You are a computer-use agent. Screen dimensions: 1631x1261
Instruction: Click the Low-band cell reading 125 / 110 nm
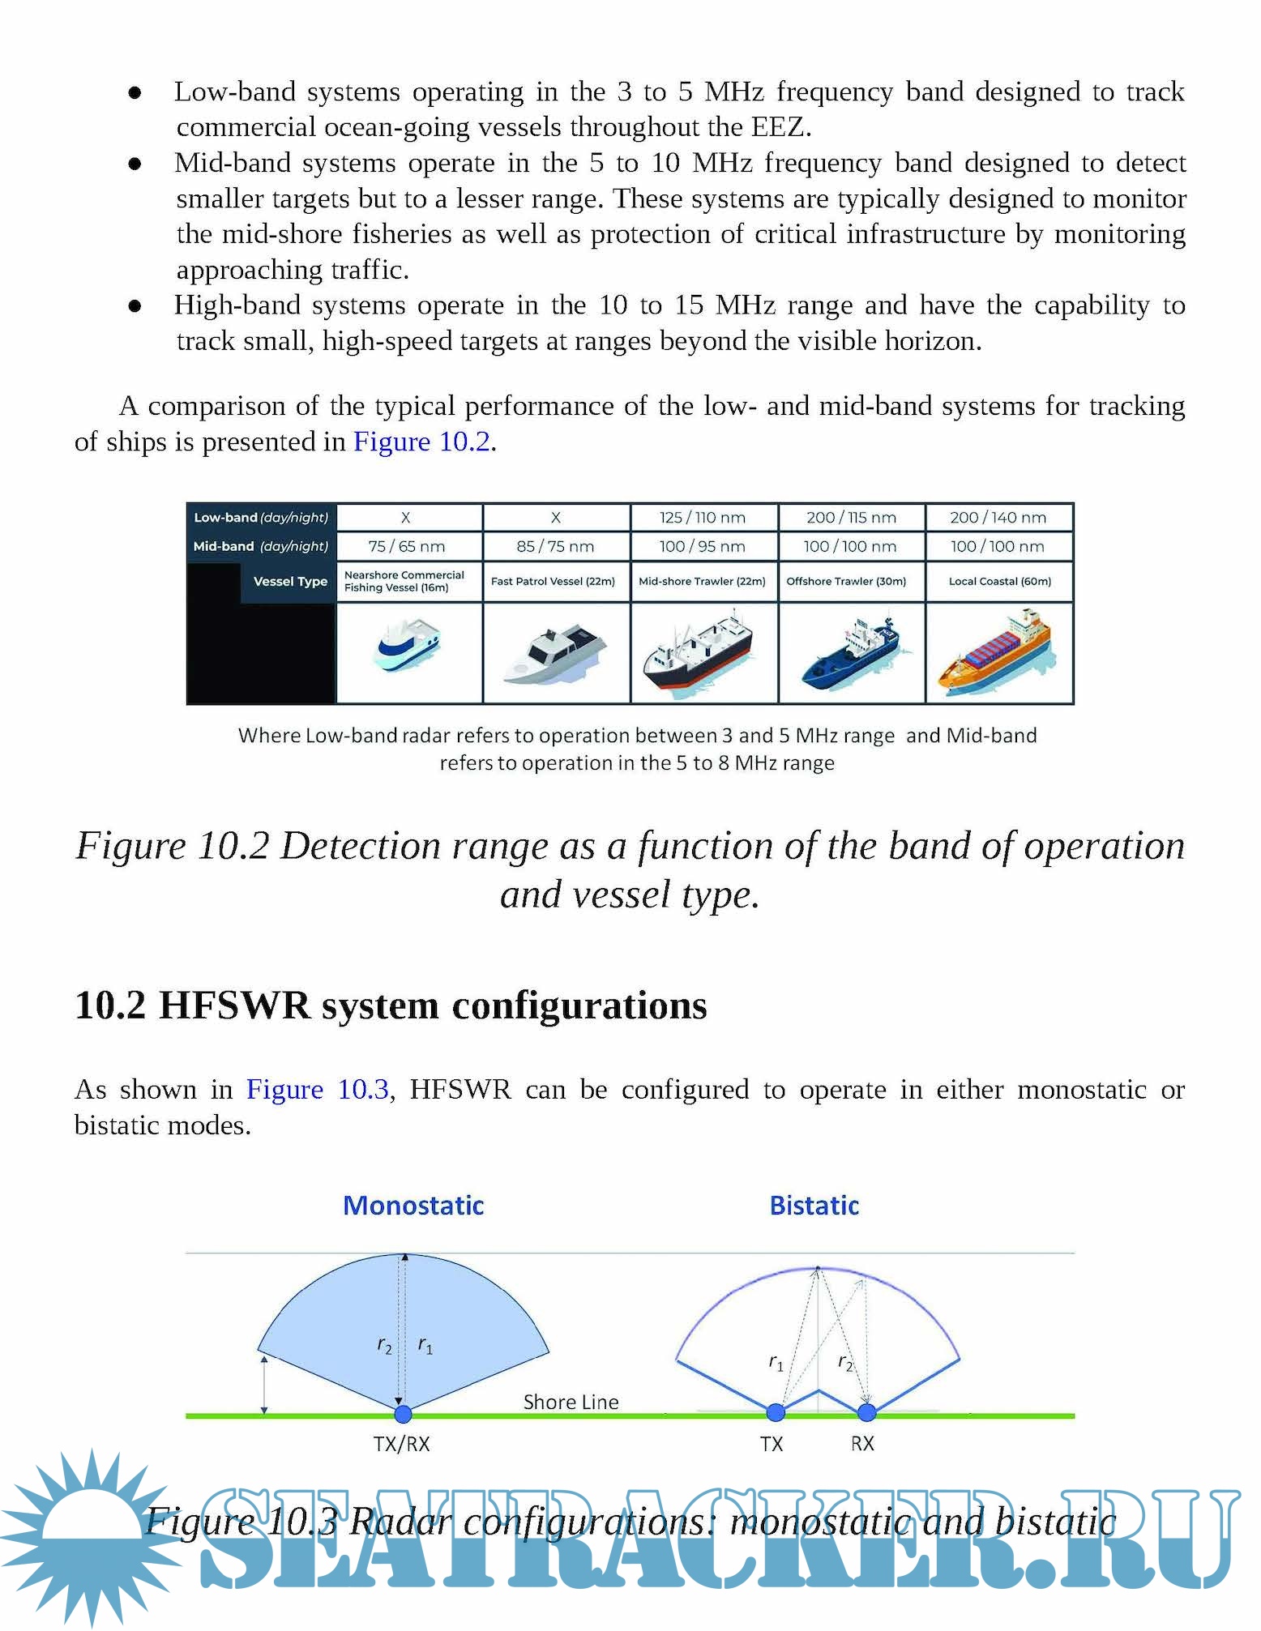coord(702,518)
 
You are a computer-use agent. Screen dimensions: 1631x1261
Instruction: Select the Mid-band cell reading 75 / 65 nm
coord(407,547)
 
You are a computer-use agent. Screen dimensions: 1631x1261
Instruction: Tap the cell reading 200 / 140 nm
coord(998,518)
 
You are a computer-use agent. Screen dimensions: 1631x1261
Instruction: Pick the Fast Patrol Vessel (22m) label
coord(554,582)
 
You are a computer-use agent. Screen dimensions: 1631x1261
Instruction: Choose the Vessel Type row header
coord(289,582)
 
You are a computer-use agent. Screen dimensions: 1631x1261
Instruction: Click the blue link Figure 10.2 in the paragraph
coord(422,442)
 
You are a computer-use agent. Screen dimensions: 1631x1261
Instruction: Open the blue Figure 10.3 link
coord(318,1090)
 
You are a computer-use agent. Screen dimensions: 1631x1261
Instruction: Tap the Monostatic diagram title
coord(413,1206)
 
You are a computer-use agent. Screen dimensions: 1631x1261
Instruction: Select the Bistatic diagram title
coord(814,1206)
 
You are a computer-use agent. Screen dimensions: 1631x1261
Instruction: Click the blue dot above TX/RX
coord(403,1415)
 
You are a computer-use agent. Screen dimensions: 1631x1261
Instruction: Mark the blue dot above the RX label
coord(866,1413)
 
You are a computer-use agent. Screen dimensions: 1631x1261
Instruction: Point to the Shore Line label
coord(571,1403)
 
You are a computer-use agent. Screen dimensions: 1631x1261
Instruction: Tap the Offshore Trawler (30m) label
coord(846,582)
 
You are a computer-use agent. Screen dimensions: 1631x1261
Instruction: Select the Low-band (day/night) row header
coord(261,518)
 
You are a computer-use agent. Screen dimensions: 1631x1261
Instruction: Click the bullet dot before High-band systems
coord(135,306)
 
